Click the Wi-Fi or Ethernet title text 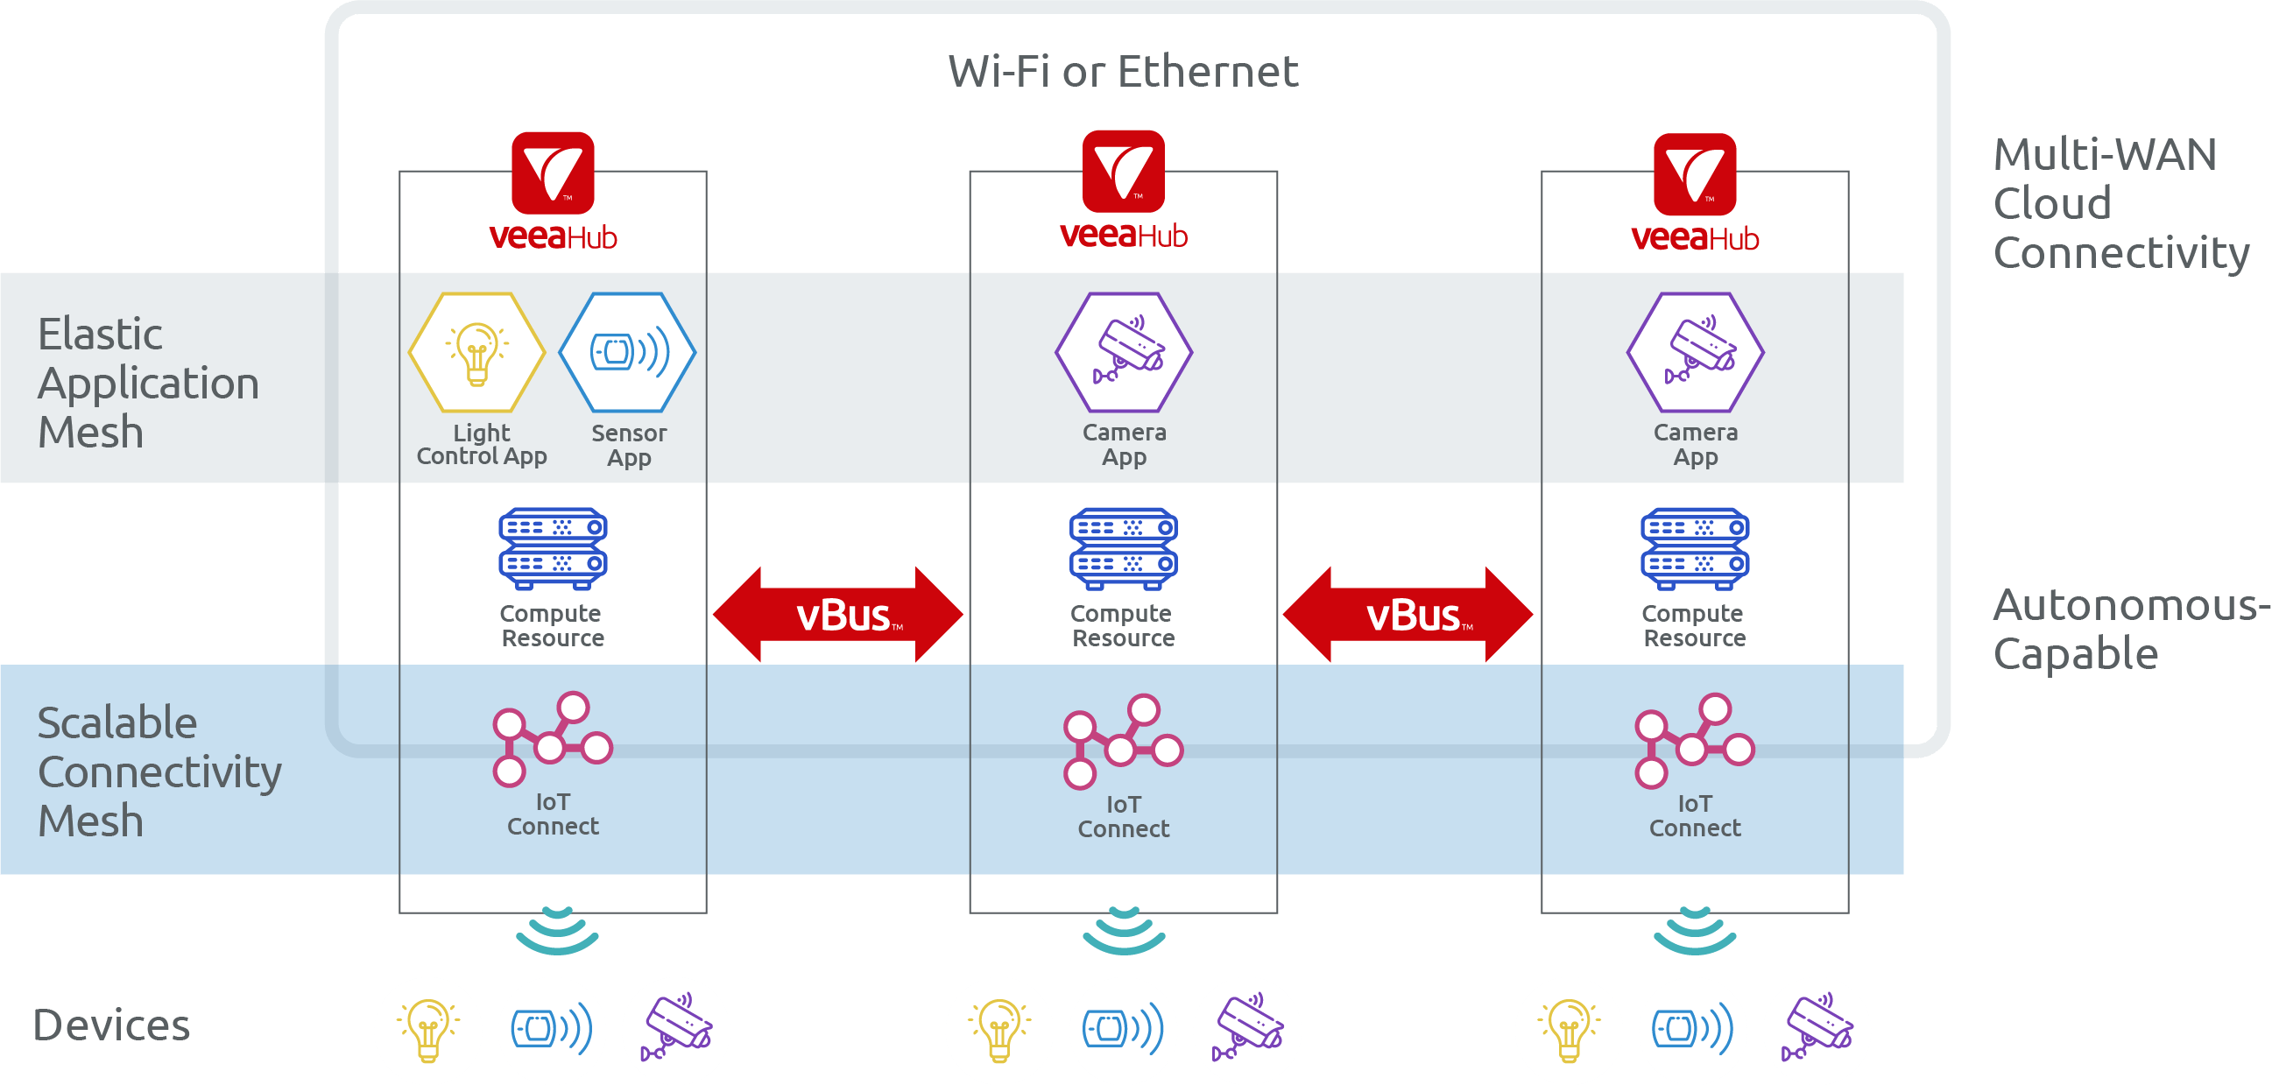[1122, 71]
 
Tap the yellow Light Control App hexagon [477, 352]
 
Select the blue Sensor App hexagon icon [628, 352]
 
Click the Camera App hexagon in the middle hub [1124, 352]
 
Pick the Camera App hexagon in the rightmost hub [1694, 352]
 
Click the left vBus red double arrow [838, 614]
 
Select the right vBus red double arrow [1408, 614]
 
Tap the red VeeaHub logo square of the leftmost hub [553, 173]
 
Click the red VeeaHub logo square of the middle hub [1124, 171]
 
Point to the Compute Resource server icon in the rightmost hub [1694, 547]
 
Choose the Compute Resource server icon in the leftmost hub [553, 547]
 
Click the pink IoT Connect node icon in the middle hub [1122, 742]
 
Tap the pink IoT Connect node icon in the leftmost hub [552, 739]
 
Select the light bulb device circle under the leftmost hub [428, 1030]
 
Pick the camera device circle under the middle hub [1246, 1030]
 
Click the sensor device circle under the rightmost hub [1692, 1030]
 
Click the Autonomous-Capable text [2126, 629]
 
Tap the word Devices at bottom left [112, 1025]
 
